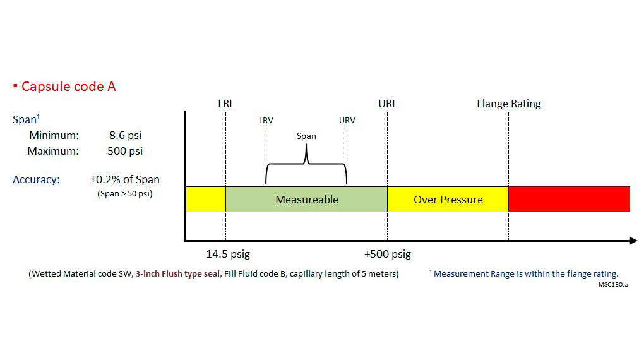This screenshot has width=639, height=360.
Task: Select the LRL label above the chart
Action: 225,104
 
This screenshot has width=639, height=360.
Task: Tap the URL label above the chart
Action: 388,104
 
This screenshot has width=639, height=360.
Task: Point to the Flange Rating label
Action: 508,104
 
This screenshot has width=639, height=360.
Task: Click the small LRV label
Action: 266,121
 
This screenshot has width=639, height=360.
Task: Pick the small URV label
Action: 347,121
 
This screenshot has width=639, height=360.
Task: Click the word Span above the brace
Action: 306,136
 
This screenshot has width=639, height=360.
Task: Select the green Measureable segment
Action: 306,200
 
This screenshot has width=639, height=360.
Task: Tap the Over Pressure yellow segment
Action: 448,200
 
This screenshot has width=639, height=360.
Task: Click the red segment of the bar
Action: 569,200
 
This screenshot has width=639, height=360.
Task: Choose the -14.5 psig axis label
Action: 226,255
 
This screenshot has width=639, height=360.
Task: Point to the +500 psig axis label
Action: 387,255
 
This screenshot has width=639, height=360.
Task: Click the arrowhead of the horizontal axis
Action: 633,241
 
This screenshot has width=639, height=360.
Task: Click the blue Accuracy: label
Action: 36,180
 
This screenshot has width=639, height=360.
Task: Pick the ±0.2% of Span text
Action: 124,180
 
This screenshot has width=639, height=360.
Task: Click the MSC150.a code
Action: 613,284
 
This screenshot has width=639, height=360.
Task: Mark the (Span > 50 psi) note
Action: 124,194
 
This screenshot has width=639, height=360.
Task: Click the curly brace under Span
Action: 306,165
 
